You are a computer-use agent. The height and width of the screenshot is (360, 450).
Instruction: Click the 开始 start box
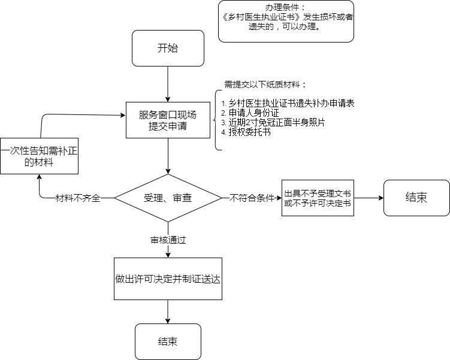tap(168, 49)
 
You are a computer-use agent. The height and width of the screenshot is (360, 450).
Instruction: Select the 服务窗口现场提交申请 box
tap(168, 120)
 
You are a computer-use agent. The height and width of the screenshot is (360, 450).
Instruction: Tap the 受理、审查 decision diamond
tap(168, 198)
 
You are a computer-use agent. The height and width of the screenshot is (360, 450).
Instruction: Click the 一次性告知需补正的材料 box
tap(39, 156)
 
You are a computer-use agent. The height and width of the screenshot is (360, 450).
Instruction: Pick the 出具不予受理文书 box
tap(317, 198)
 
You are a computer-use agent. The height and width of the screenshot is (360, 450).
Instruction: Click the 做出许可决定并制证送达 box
tap(168, 279)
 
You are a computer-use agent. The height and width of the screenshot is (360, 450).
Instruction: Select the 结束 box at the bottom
tap(168, 341)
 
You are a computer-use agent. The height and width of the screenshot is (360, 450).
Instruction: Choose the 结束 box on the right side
tap(416, 198)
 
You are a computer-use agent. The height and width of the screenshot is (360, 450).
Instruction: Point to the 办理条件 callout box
tap(286, 22)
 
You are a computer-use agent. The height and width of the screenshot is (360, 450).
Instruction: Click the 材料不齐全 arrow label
tap(77, 198)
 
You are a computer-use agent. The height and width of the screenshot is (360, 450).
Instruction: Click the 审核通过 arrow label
tap(168, 240)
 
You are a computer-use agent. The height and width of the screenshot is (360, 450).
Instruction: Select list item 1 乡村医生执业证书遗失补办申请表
tap(288, 104)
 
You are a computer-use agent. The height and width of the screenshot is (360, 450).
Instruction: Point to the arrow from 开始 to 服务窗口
tap(168, 84)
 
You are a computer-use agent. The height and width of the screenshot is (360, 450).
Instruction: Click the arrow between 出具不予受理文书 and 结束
tap(368, 198)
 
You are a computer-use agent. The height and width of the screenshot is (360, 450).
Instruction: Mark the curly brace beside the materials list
tap(216, 120)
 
